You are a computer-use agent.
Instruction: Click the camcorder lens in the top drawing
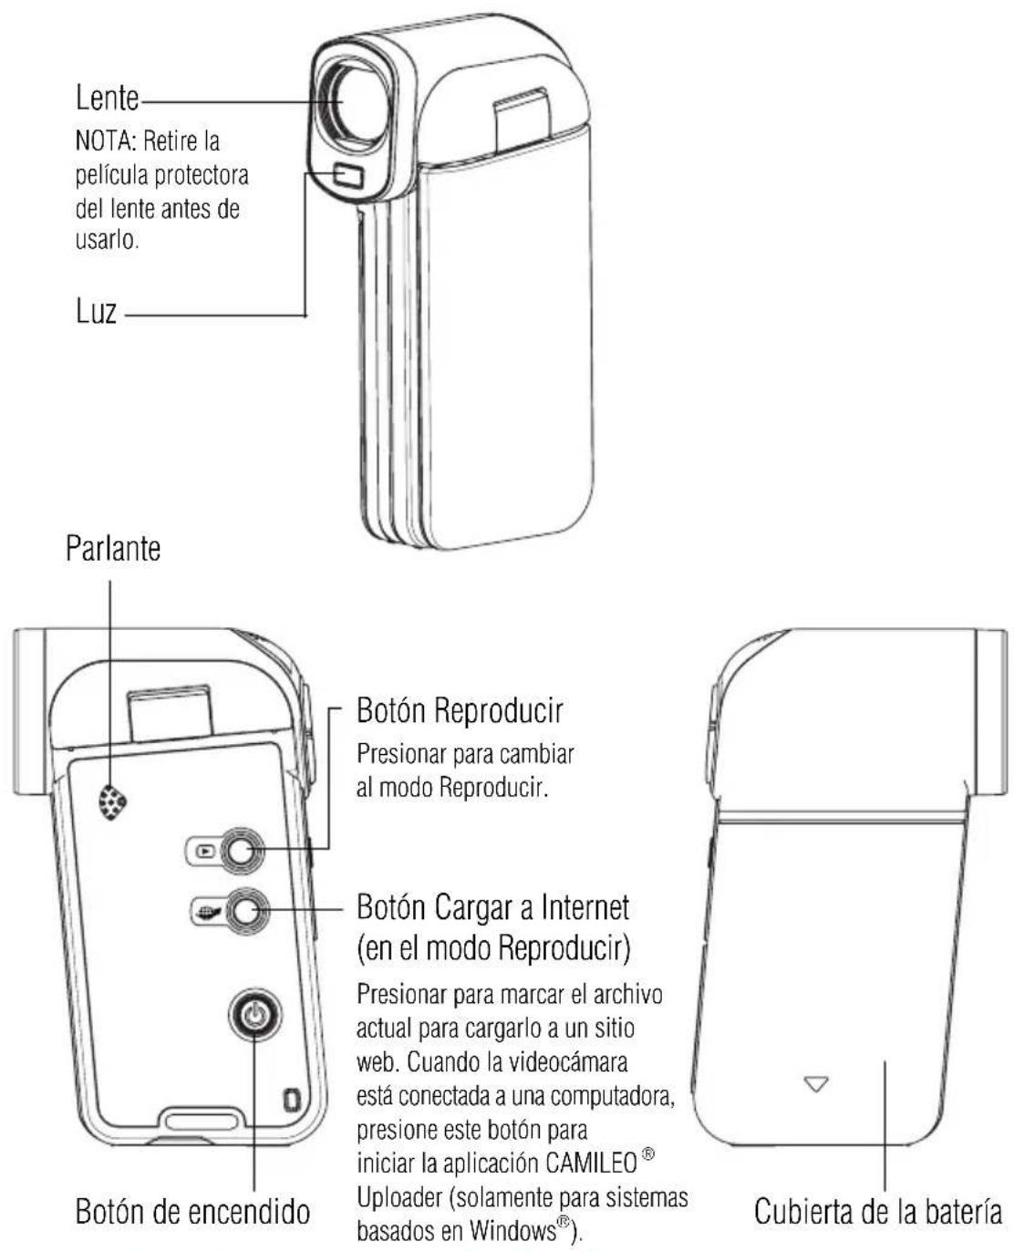(351, 104)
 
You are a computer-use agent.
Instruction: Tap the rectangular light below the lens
(348, 175)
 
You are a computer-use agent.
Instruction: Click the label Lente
(108, 98)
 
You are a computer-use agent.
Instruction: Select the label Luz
(96, 310)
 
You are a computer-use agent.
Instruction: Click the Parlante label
(113, 548)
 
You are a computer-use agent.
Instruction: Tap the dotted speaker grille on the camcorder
(112, 802)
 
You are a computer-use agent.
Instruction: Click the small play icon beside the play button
(204, 851)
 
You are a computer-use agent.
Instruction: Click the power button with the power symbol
(254, 1015)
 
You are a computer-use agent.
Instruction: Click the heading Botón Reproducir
(460, 710)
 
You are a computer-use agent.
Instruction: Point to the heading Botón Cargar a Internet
(492, 907)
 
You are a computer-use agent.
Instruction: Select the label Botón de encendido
(192, 1212)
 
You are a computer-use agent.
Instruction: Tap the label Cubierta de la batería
(877, 1212)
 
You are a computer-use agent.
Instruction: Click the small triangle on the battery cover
(815, 1083)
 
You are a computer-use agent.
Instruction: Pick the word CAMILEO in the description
(592, 1164)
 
